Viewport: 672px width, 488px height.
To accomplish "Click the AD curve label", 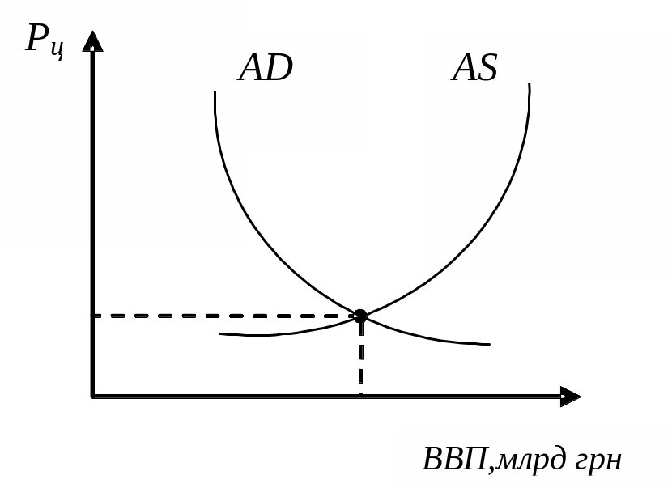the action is pyautogui.click(x=266, y=68).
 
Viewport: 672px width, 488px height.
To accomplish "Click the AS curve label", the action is pyautogui.click(x=475, y=68).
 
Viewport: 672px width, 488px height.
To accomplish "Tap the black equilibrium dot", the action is pyautogui.click(x=360, y=316).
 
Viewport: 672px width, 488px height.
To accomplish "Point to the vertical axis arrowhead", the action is pyautogui.click(x=92, y=40).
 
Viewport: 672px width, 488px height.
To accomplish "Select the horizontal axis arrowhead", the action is pyautogui.click(x=571, y=397).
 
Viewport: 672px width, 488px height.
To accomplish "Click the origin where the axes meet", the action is pyautogui.click(x=92, y=397).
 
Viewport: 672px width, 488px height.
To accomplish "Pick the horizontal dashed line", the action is pyautogui.click(x=223, y=316).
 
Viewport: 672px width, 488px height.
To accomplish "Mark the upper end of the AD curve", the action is pyautogui.click(x=215, y=91).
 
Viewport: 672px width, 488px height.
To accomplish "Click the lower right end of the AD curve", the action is pyautogui.click(x=490, y=344).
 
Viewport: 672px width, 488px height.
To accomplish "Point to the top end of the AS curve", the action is pyautogui.click(x=530, y=84).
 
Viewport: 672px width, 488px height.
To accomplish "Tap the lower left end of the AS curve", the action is pyautogui.click(x=219, y=333).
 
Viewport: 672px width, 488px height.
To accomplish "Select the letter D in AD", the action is pyautogui.click(x=279, y=68).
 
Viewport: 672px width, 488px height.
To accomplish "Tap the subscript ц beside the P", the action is pyautogui.click(x=57, y=49).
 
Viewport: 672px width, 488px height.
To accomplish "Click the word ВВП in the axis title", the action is pyautogui.click(x=455, y=458).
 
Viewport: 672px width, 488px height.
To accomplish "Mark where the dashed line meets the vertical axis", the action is pyautogui.click(x=92, y=316).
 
